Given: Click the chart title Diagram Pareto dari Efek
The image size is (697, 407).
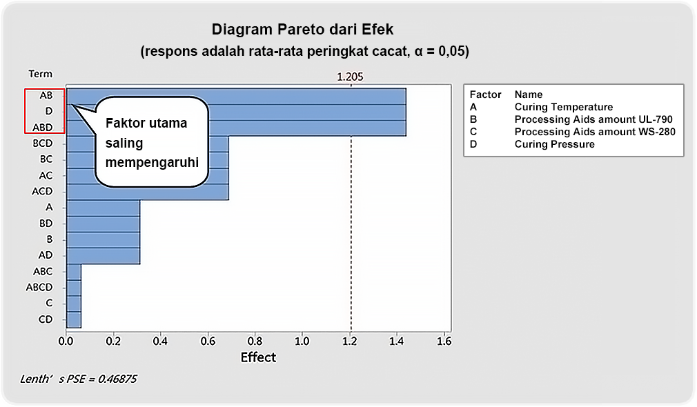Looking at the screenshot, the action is (302, 30).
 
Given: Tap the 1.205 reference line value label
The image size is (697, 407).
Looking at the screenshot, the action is (350, 77).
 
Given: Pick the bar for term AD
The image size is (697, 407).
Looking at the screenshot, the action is (103, 256).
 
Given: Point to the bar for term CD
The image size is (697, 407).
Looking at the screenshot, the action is (74, 320).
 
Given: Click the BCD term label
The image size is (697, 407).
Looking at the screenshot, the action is (43, 143).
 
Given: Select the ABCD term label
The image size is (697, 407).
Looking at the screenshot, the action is (39, 288).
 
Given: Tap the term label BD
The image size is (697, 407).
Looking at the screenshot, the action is (46, 224).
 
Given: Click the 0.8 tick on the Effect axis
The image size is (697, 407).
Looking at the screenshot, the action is (255, 341).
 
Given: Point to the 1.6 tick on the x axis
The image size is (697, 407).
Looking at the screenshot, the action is (444, 341).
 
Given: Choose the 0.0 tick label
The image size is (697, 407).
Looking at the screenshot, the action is (66, 341).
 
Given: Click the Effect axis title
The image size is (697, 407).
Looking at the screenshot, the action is (258, 358).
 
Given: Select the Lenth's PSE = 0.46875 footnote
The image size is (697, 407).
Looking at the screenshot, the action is (78, 379).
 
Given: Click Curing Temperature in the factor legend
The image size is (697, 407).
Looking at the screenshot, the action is (564, 107).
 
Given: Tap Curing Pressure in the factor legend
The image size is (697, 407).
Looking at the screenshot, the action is (554, 144).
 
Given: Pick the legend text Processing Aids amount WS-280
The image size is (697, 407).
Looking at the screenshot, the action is (595, 132).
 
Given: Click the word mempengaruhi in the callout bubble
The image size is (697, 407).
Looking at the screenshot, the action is (152, 163).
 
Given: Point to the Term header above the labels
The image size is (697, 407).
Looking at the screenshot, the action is (41, 75).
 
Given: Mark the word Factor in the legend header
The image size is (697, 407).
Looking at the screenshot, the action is (485, 95).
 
